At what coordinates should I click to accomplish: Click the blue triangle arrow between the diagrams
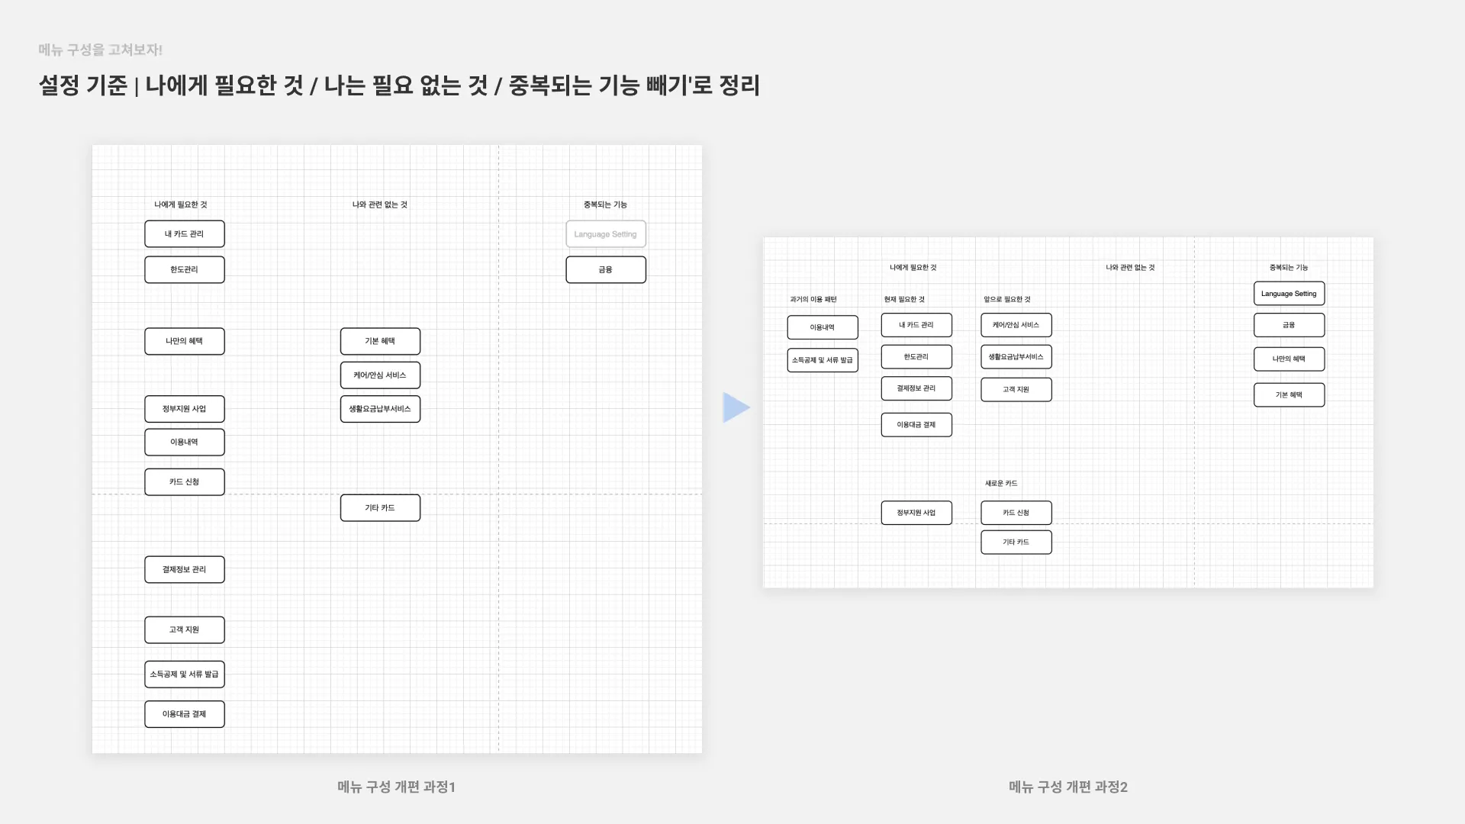pyautogui.click(x=735, y=407)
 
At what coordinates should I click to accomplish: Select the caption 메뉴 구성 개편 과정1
pyautogui.click(x=396, y=787)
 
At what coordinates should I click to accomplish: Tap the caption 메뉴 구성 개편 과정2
pyautogui.click(x=1067, y=787)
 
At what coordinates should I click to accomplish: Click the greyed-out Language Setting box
pyautogui.click(x=605, y=234)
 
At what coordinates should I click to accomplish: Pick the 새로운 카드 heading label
pyautogui.click(x=1000, y=483)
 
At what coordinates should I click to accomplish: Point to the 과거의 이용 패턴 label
pyautogui.click(x=813, y=299)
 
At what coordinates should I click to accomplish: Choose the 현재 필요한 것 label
pyautogui.click(x=904, y=299)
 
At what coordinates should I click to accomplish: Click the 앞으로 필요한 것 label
pyautogui.click(x=1006, y=299)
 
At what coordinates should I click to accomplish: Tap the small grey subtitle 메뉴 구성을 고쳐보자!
pyautogui.click(x=100, y=50)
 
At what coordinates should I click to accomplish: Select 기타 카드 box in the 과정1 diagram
pyautogui.click(x=380, y=508)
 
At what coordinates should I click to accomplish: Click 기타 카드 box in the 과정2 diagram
pyautogui.click(x=1016, y=542)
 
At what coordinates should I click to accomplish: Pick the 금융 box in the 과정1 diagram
pyautogui.click(x=605, y=269)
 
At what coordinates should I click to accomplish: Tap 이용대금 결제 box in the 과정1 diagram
pyautogui.click(x=184, y=714)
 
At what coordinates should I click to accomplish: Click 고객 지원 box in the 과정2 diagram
pyautogui.click(x=1016, y=390)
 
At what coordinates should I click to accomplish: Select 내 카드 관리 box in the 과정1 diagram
pyautogui.click(x=184, y=234)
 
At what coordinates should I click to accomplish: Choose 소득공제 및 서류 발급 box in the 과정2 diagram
pyautogui.click(x=822, y=360)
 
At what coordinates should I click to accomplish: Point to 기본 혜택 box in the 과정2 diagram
pyautogui.click(x=1289, y=395)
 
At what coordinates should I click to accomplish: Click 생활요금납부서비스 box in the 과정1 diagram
pyautogui.click(x=380, y=409)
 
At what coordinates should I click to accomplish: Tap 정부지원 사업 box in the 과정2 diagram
pyautogui.click(x=916, y=513)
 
